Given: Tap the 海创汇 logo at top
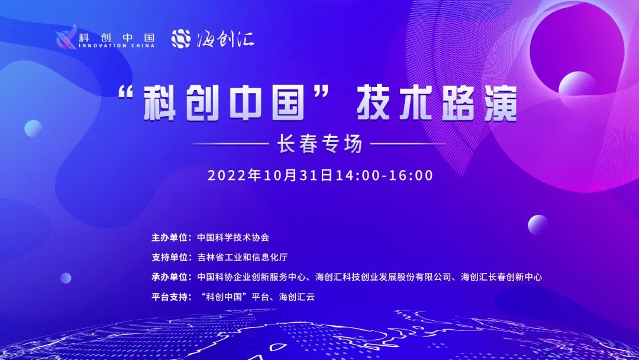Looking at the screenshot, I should pyautogui.click(x=213, y=38).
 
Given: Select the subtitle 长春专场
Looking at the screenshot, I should pyautogui.click(x=319, y=144).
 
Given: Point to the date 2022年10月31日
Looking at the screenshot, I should pyautogui.click(x=272, y=175).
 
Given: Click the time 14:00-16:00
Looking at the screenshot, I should pyautogui.click(x=385, y=175).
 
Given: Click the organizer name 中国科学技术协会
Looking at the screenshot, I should pyautogui.click(x=233, y=237).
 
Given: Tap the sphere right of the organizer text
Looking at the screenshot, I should pyautogui.click(x=538, y=225).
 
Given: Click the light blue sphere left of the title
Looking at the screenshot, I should pyautogui.click(x=33, y=128).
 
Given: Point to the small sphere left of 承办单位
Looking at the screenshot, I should pyautogui.click(x=66, y=277).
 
